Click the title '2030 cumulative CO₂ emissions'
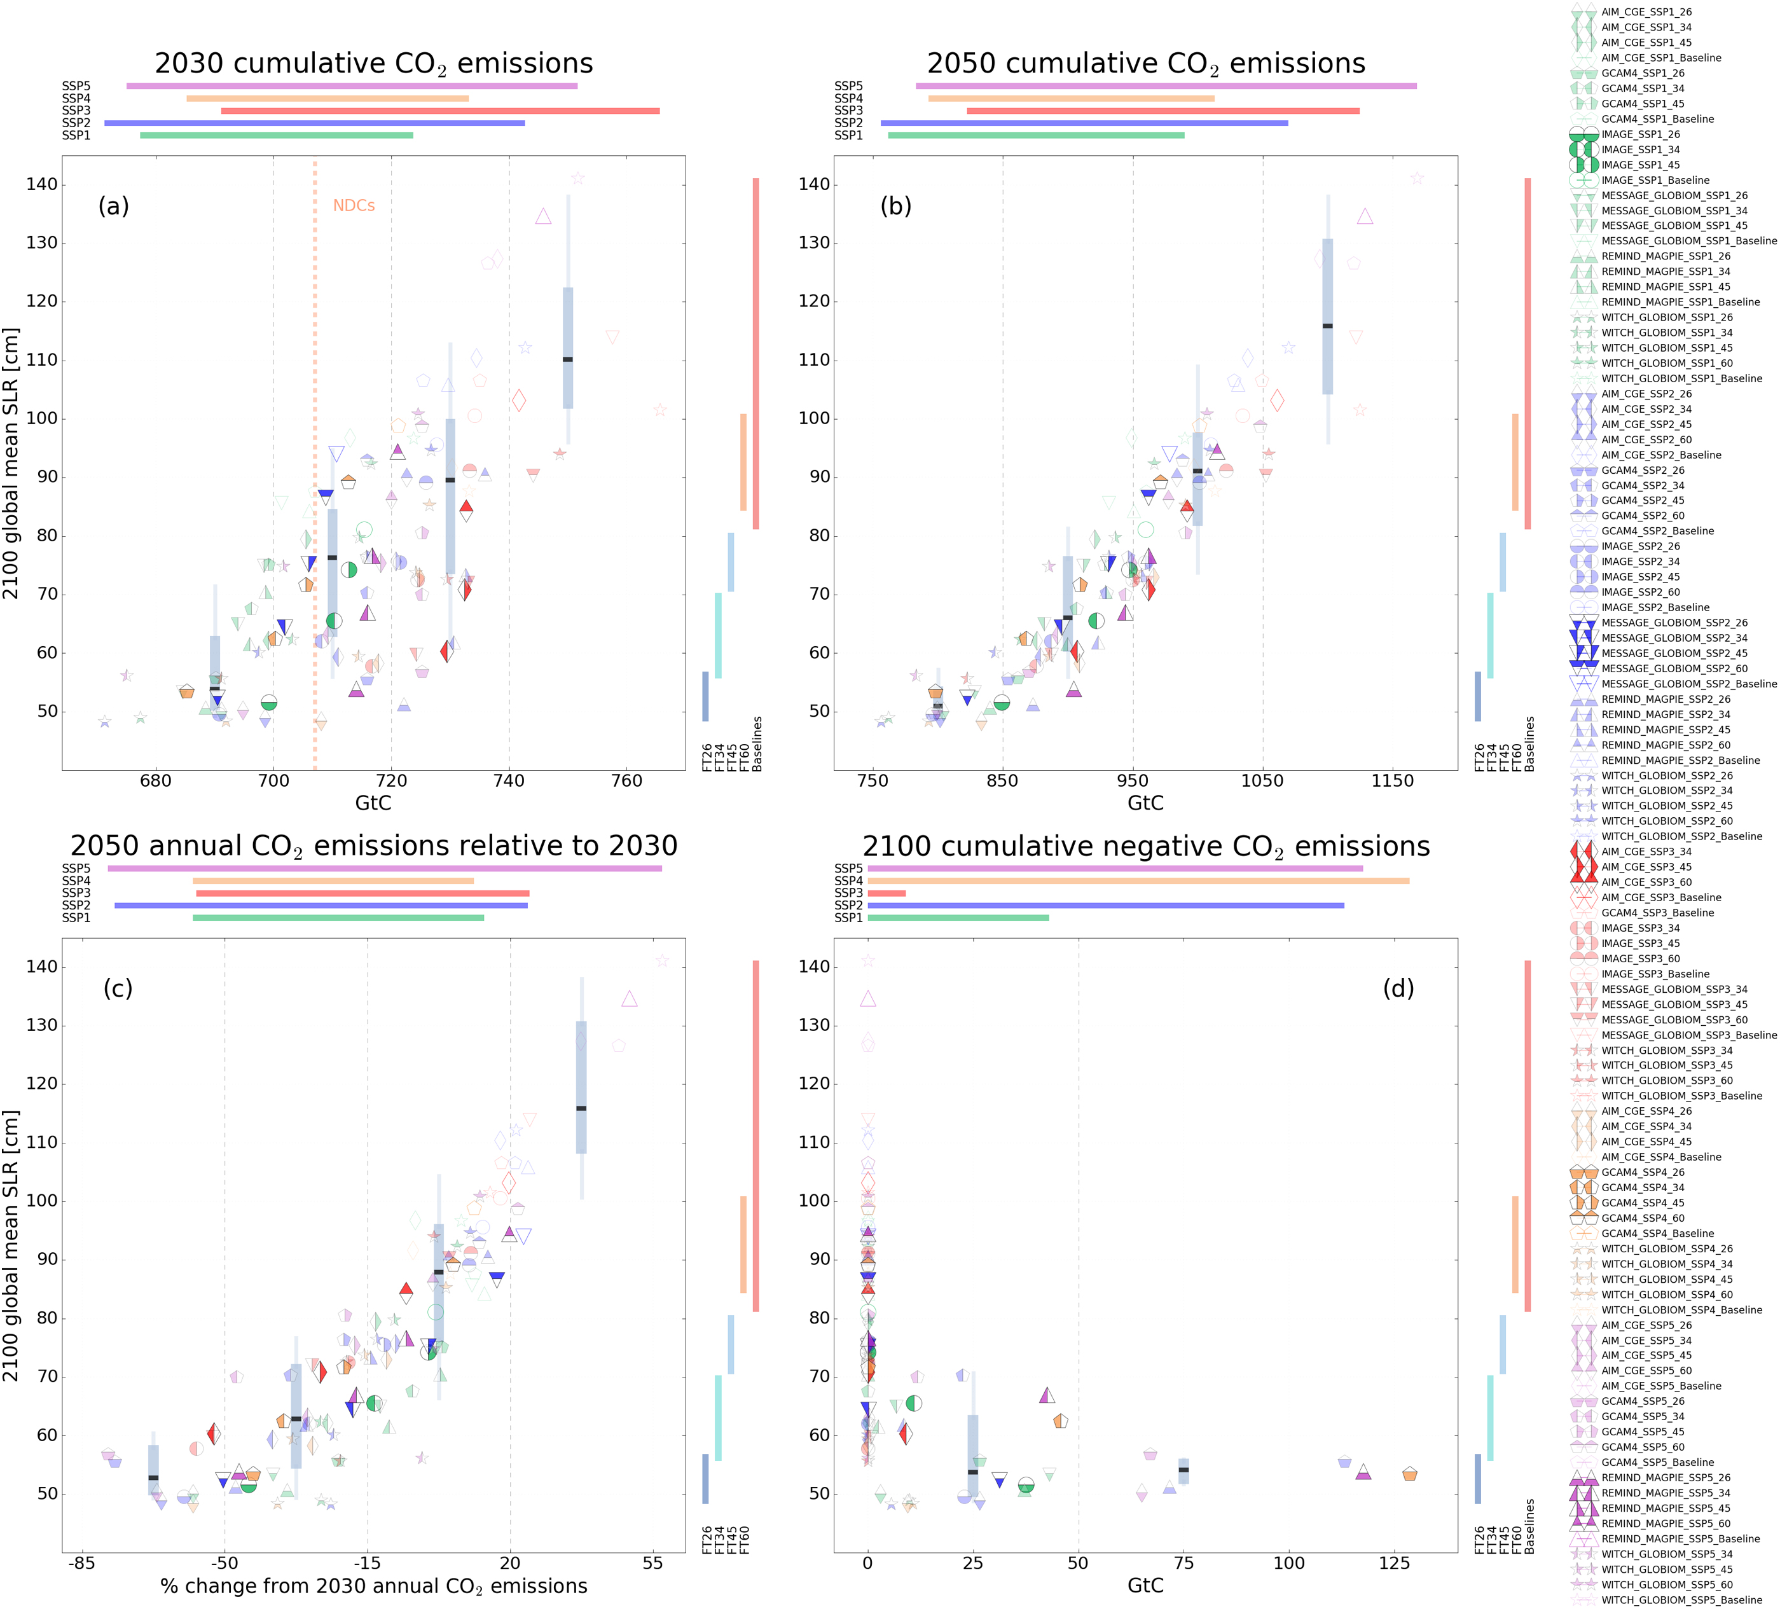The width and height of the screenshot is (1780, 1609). pos(373,64)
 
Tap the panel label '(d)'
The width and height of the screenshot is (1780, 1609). pos(1398,988)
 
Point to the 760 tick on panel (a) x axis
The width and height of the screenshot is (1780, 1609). pos(627,782)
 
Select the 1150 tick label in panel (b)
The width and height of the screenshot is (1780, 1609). pos(1392,782)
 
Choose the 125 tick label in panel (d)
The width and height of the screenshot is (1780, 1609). pos(1394,1563)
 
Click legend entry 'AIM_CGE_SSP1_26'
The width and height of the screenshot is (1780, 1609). pos(1646,12)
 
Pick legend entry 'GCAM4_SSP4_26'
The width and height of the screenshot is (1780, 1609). pos(1642,1173)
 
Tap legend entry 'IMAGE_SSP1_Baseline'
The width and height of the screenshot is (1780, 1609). pos(1655,180)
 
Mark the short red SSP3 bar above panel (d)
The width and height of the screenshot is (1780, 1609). pos(887,894)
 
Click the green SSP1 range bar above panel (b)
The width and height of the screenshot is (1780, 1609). pos(1036,135)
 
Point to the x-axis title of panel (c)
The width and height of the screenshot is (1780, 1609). pos(373,1587)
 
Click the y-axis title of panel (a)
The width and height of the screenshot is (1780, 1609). pos(11,463)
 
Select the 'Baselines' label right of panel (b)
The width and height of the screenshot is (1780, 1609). pos(1530,743)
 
